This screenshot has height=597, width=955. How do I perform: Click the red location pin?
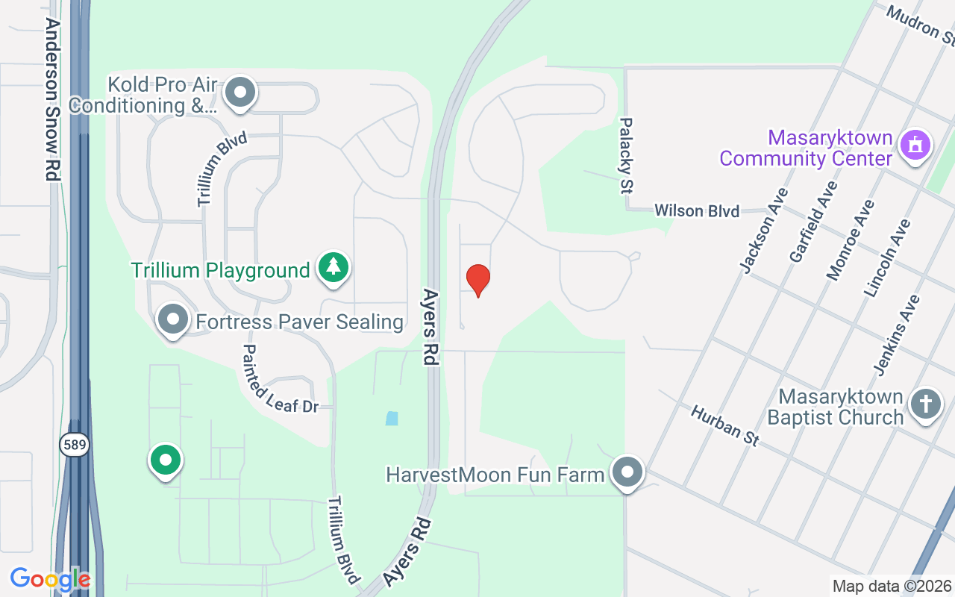click(x=478, y=280)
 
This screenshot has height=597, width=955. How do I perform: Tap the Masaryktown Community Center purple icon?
click(x=915, y=144)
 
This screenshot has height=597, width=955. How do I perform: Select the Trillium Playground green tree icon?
click(x=334, y=267)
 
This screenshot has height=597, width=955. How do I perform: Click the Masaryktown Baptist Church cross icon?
click(x=925, y=404)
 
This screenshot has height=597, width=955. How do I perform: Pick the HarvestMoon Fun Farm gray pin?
click(x=627, y=472)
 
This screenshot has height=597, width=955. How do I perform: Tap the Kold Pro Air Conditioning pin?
click(x=240, y=93)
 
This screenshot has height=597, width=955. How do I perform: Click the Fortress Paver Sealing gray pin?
click(x=174, y=320)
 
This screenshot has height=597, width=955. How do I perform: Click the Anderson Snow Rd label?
click(x=52, y=99)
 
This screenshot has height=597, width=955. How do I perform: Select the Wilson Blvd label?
click(x=697, y=211)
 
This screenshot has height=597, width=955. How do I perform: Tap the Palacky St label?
click(x=626, y=155)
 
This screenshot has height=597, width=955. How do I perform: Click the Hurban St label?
click(x=724, y=425)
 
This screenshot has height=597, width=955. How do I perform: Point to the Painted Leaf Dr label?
click(x=281, y=378)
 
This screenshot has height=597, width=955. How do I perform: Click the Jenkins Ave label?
click(x=897, y=335)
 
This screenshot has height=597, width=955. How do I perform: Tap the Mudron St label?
click(x=921, y=23)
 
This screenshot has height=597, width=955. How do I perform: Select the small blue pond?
click(x=392, y=419)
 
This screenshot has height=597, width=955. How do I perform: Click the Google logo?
click(x=50, y=579)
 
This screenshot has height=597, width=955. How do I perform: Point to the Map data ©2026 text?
click(x=892, y=587)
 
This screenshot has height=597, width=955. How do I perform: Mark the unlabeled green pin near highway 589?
click(x=166, y=460)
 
